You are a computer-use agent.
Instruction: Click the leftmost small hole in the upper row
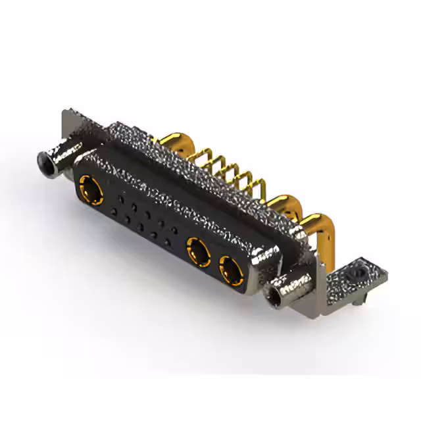tap(121, 197)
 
